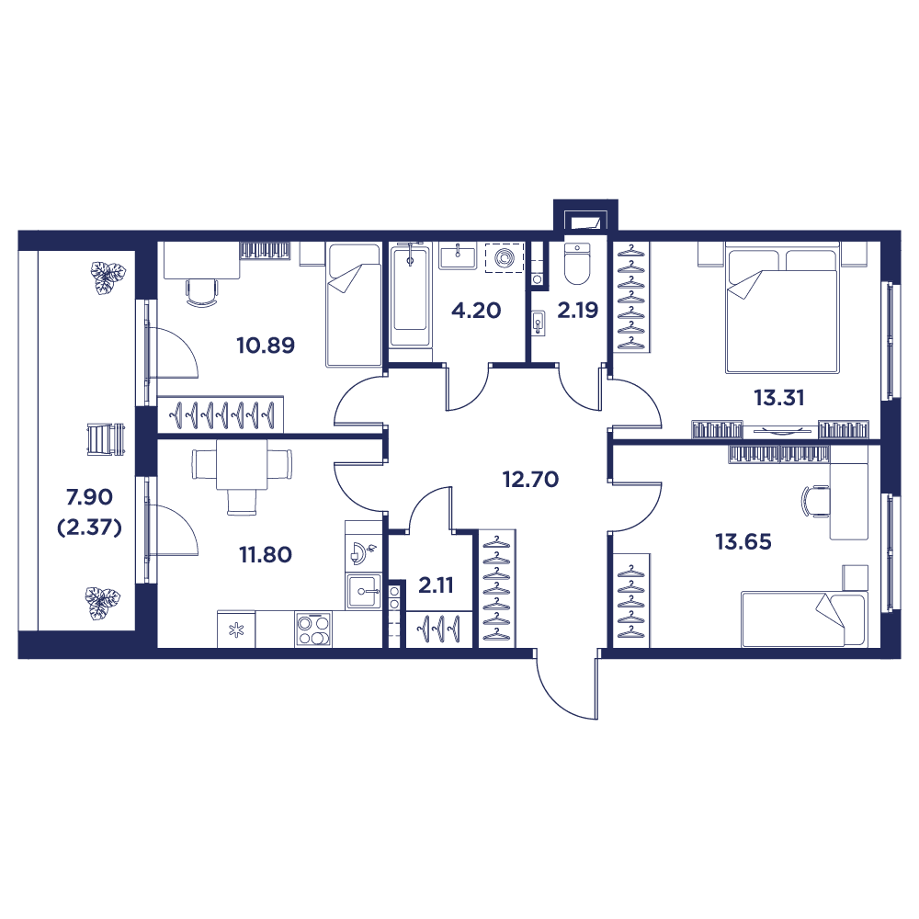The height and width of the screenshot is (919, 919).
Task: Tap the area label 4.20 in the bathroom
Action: (475, 311)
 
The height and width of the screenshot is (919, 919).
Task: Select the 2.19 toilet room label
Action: (578, 311)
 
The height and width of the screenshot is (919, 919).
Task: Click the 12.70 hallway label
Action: (530, 479)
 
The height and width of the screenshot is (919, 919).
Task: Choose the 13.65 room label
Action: (743, 541)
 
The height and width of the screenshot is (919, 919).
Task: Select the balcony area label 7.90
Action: (88, 497)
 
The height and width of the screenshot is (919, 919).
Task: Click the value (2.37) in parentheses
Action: (88, 528)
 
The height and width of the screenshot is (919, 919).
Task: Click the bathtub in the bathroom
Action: (410, 294)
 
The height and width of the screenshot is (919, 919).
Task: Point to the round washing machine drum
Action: (504, 257)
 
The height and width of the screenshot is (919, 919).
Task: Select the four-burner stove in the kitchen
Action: (312, 630)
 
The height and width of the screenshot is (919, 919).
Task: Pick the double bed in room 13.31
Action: (781, 308)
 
